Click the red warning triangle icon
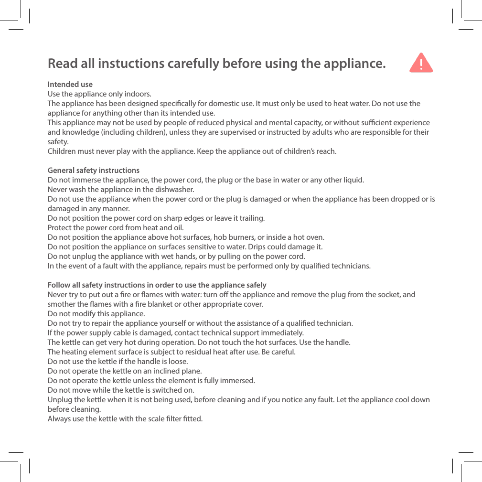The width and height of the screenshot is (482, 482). pyautogui.click(x=421, y=63)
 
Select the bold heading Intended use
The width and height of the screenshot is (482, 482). pyautogui.click(x=70, y=85)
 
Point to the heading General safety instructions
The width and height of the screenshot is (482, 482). pyautogui.click(x=94, y=171)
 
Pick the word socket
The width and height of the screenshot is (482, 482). pyautogui.click(x=387, y=295)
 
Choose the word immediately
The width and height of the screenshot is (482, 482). pyautogui.click(x=282, y=333)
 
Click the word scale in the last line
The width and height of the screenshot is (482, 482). pyautogui.click(x=145, y=419)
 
